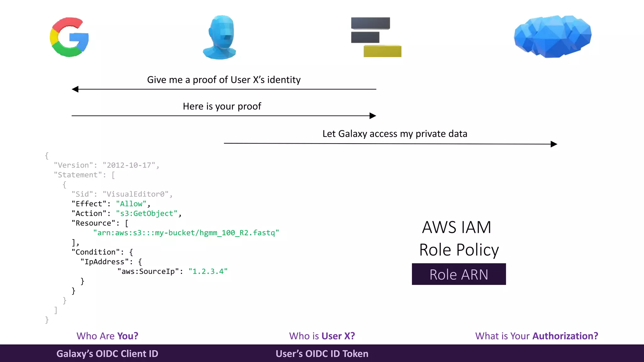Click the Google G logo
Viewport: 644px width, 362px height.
[x=69, y=37]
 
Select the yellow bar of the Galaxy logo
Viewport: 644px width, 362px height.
[x=382, y=51]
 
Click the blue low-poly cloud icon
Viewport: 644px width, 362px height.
[x=552, y=36]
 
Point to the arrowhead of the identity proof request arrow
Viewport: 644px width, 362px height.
[x=75, y=89]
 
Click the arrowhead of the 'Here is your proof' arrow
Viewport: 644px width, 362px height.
[x=373, y=116]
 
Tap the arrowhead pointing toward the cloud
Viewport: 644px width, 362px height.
[x=554, y=144]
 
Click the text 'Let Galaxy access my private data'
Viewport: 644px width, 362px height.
[x=395, y=134]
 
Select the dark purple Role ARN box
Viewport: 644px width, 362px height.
[x=458, y=274]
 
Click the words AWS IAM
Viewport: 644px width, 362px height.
[x=456, y=227]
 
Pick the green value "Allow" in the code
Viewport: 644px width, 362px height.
[x=131, y=204]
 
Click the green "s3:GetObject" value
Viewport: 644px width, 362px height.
[x=147, y=214]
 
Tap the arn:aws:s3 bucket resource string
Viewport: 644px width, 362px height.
[x=186, y=233]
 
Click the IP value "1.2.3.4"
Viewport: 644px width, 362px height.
[x=208, y=271]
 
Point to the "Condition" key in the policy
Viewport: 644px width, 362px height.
[x=98, y=252]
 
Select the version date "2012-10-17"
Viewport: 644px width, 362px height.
[x=129, y=165]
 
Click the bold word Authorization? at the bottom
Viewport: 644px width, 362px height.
[x=565, y=336]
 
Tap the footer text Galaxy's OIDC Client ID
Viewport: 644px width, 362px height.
[x=107, y=354]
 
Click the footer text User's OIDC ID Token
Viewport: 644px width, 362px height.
[x=322, y=354]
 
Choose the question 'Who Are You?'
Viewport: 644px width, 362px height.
[x=107, y=336]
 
